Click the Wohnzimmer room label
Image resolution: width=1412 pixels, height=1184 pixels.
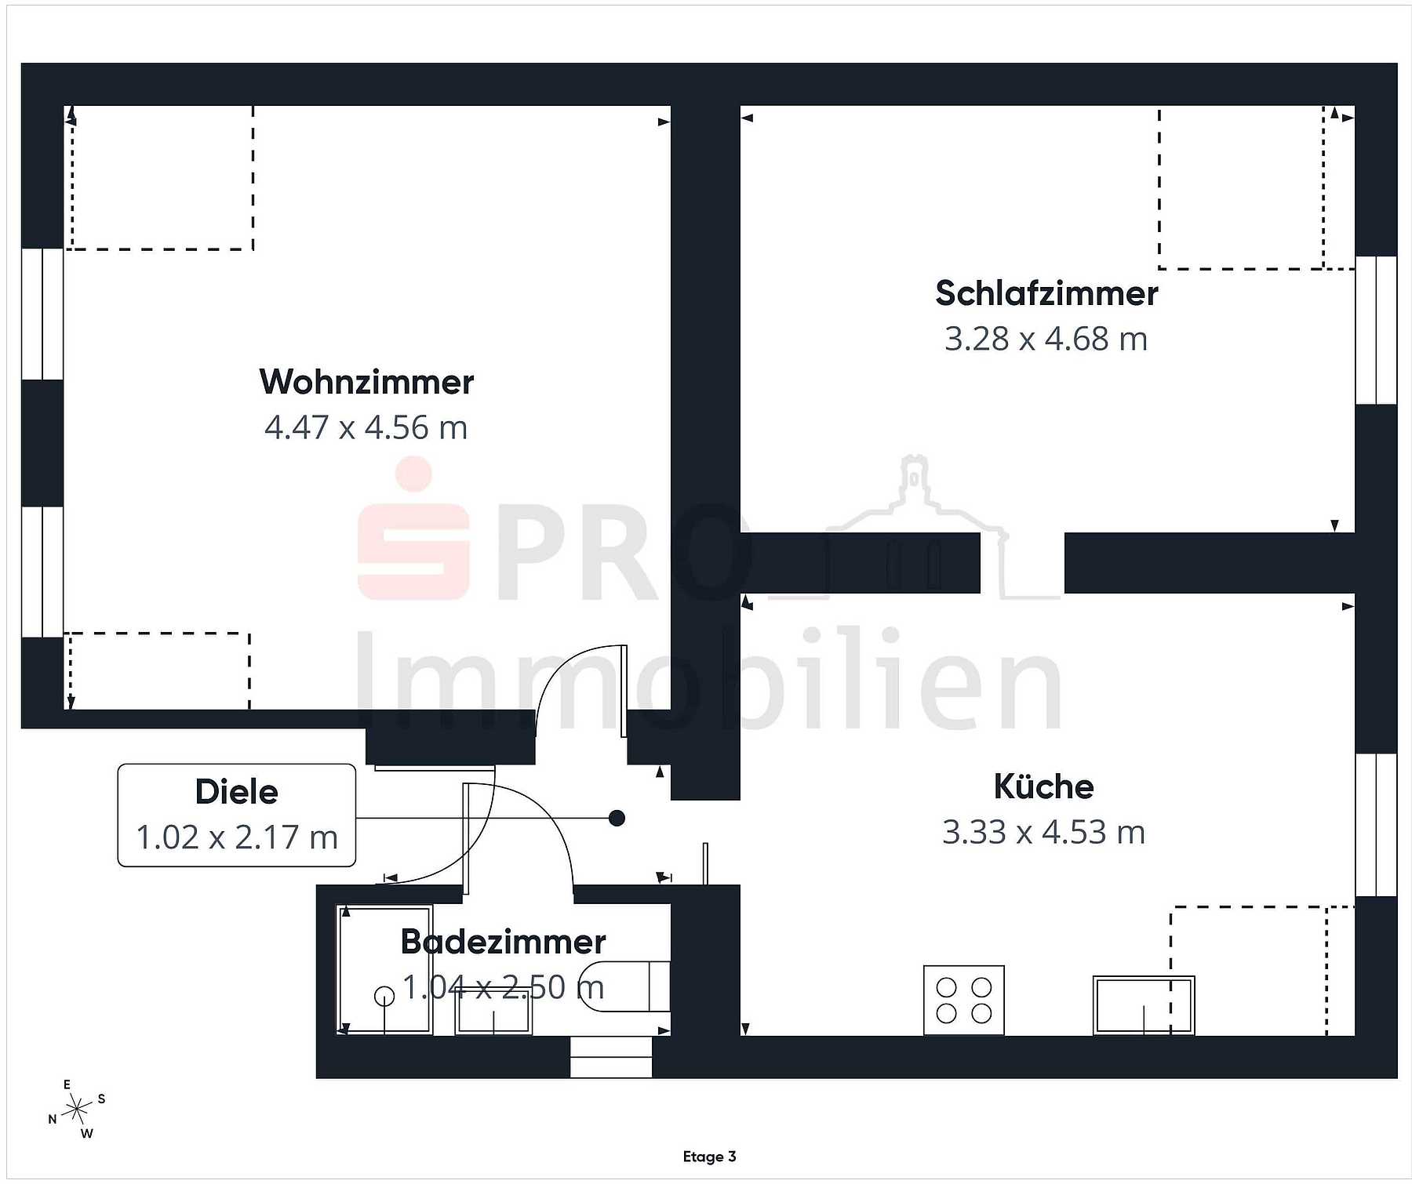(366, 382)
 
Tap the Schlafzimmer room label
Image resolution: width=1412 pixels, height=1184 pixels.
(1046, 293)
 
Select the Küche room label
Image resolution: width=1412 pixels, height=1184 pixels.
(1043, 786)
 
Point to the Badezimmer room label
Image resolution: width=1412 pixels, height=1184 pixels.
(503, 941)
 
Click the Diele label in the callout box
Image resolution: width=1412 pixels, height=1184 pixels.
(236, 792)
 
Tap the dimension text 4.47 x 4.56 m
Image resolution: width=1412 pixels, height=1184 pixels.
(366, 427)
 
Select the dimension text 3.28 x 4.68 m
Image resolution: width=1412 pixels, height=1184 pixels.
(1046, 339)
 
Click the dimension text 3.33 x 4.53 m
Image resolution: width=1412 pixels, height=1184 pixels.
(1043, 832)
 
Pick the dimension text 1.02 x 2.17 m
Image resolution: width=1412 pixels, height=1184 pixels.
(237, 837)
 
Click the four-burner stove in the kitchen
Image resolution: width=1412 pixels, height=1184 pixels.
(964, 1001)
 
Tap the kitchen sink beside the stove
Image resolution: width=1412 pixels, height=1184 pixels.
(1144, 1005)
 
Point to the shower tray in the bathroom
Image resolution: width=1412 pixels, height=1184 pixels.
(384, 970)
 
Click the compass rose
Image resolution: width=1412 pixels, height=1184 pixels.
(77, 1109)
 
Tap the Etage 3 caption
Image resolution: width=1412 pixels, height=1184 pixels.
(709, 1157)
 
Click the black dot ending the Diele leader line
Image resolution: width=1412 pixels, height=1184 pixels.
(617, 819)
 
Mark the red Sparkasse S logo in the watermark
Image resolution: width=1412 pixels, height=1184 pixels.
(413, 529)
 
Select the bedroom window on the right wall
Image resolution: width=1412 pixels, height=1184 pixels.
(1376, 330)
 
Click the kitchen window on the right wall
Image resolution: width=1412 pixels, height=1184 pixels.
(1376, 825)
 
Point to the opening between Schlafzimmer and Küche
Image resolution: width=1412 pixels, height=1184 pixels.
(1022, 563)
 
